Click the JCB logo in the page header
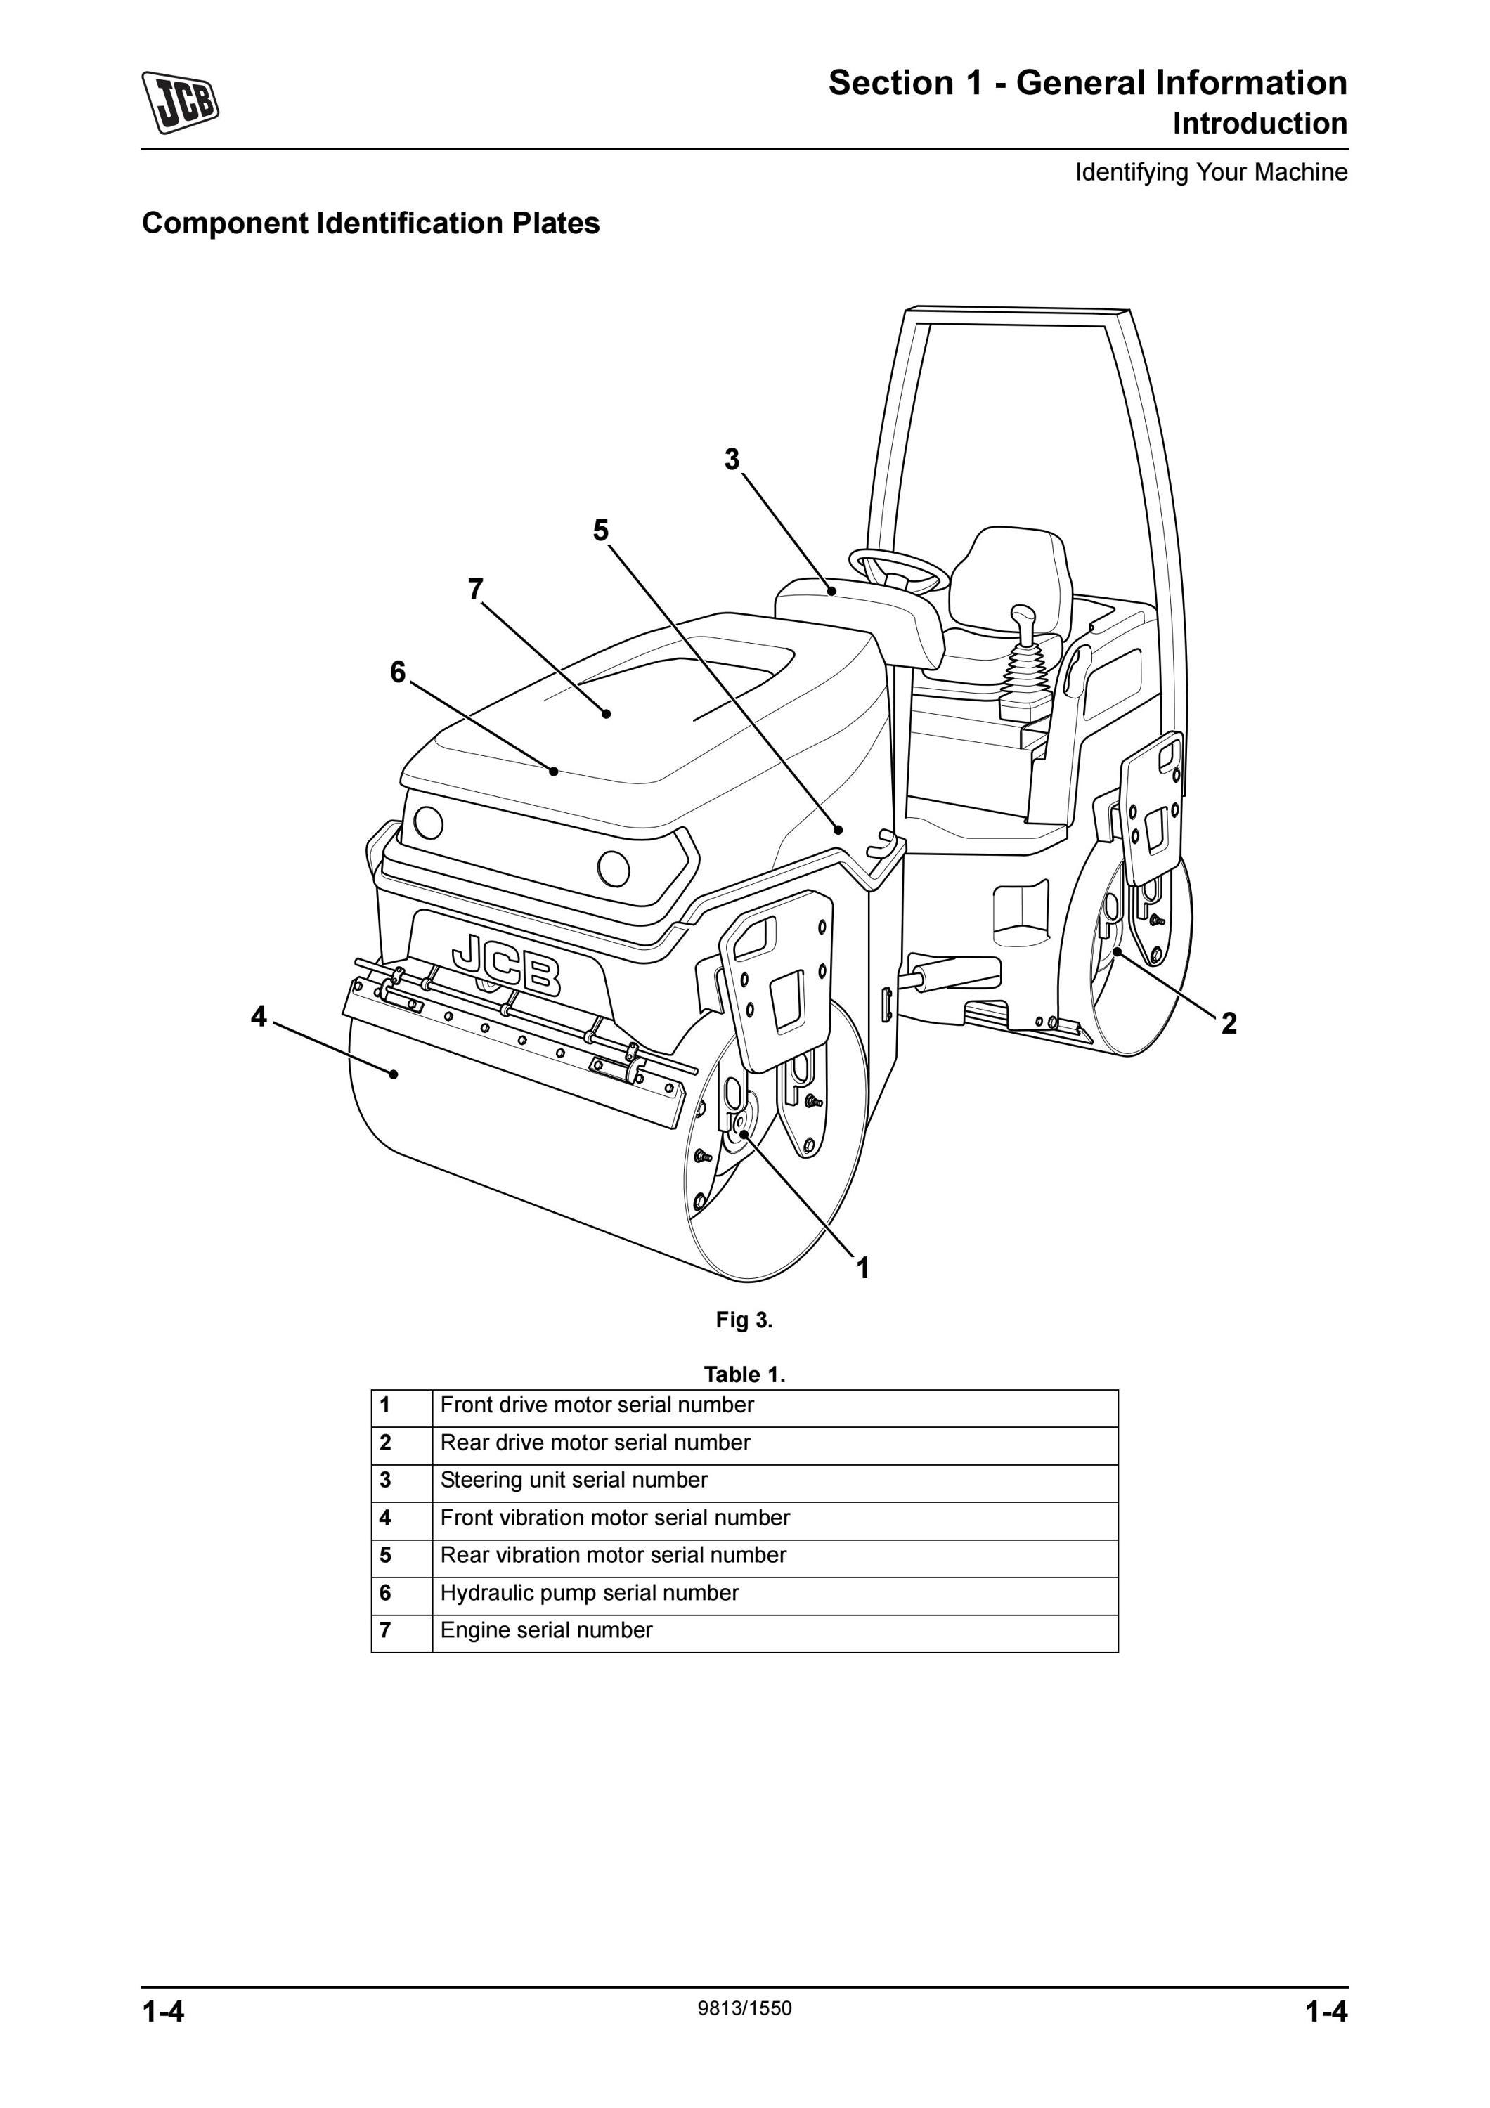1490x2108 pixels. tap(180, 102)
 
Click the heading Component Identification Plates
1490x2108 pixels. tap(371, 223)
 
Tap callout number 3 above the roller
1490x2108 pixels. tap(732, 459)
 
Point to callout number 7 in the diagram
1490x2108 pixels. tap(476, 589)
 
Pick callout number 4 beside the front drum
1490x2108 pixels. tap(259, 1016)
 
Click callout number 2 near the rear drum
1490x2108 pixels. tap(1229, 1023)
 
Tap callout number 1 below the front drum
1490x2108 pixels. tap(862, 1269)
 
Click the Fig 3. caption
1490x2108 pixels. tap(744, 1320)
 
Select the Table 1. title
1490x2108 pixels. tap(744, 1374)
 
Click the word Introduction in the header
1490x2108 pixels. tap(1260, 123)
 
